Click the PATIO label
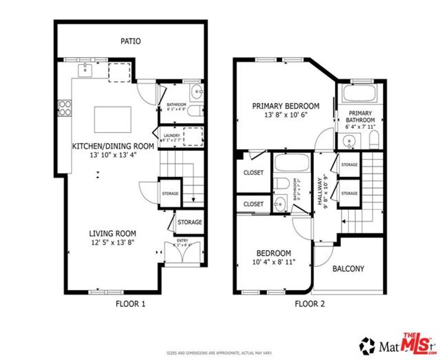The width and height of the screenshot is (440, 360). [130, 41]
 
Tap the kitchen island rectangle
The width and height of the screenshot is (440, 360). [113, 120]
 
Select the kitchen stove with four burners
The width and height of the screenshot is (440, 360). [65, 108]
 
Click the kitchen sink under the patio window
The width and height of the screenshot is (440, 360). [86, 70]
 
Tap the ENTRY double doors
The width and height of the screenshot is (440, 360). [183, 253]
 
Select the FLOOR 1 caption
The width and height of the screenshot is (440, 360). [130, 304]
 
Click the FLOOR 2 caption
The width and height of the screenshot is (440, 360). [310, 304]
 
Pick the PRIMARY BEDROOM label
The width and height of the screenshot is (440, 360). [286, 106]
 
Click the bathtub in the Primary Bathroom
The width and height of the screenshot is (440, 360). [359, 93]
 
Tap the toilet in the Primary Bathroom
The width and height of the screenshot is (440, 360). [374, 140]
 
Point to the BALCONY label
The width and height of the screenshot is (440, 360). [348, 269]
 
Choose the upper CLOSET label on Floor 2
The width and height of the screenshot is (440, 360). [253, 172]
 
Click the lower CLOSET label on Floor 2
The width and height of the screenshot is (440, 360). [253, 204]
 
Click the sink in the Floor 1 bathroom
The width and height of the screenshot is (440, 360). [197, 91]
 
